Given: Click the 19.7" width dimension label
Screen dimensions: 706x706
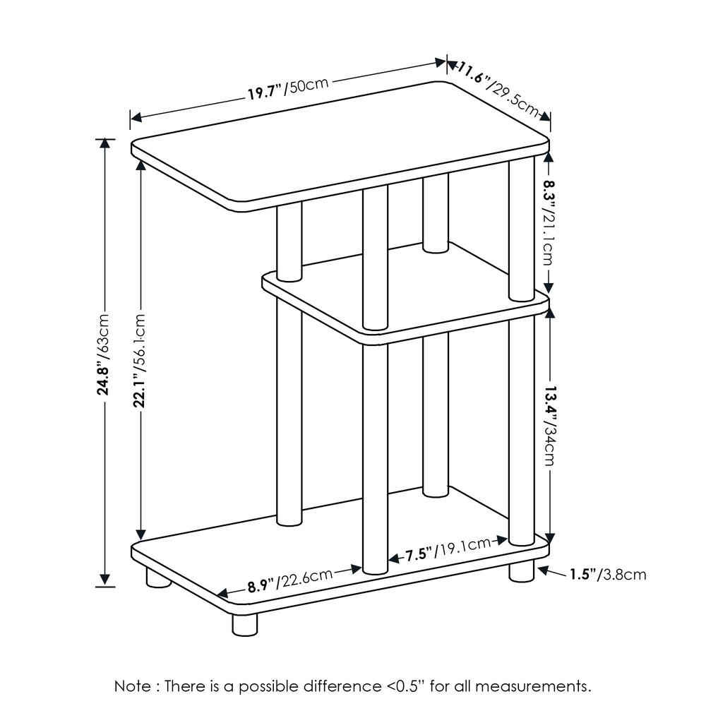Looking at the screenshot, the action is coord(288,89).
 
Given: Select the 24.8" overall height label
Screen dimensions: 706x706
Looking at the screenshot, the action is coord(103,354).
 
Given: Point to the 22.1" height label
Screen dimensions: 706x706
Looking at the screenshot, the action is coord(140,360).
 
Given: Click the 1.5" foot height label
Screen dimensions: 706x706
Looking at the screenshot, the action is coord(608,575).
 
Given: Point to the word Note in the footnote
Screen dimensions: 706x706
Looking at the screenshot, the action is coord(133,686).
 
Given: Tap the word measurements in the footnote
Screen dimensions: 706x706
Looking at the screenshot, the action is coord(533,686).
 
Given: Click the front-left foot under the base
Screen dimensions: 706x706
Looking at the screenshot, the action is coord(245,625).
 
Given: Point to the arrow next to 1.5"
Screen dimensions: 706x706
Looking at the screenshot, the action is coord(552,572).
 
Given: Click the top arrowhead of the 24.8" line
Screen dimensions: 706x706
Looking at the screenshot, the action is coord(104,143).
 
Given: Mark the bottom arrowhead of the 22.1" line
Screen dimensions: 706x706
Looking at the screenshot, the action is coord(141,535).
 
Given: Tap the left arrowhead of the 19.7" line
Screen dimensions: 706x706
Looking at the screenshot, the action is coord(136,117).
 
